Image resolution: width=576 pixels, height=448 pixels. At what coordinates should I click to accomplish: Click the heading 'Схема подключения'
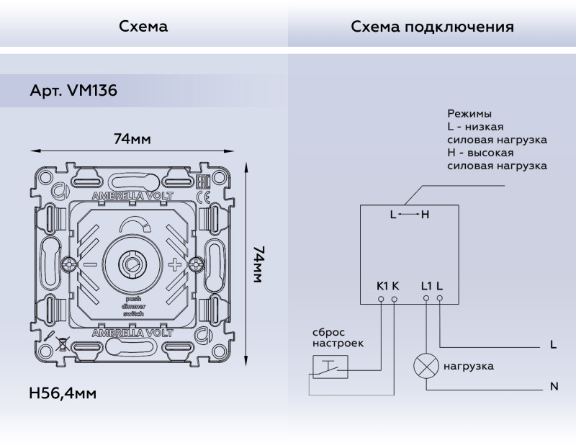432,27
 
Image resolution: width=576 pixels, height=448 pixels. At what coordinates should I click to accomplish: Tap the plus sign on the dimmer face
175,264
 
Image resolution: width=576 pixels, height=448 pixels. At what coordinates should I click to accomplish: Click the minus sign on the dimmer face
89,264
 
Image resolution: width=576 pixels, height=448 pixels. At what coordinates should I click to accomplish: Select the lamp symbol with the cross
426,366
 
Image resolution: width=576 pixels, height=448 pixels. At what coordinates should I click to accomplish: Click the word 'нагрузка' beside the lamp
468,366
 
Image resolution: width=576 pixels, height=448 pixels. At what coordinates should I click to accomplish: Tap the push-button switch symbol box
330,367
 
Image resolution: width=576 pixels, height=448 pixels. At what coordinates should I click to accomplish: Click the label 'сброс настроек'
338,338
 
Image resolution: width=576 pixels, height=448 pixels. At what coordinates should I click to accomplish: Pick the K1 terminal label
382,285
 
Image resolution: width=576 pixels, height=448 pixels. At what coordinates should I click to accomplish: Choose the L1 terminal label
426,285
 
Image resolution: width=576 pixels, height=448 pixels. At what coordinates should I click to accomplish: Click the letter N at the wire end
554,387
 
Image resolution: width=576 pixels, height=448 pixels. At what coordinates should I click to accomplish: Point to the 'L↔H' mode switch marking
409,214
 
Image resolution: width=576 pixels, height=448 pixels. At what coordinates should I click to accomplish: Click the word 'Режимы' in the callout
469,114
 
